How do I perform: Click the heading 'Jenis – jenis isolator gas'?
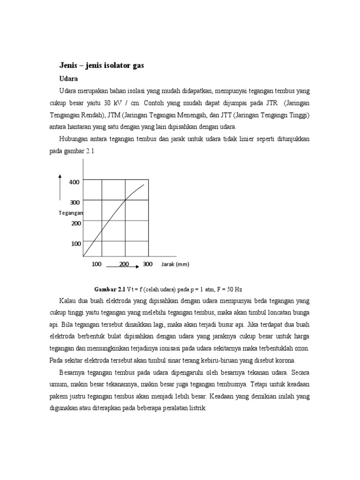pos(101,66)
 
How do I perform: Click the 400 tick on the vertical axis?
pos(75,182)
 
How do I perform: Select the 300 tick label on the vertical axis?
pos(75,202)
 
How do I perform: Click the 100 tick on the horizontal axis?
pos(97,264)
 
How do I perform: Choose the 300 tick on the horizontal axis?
pos(148,264)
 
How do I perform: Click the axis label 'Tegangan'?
pos(71,213)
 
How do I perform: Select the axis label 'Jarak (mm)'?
pos(175,264)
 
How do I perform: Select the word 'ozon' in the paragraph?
pos(302,348)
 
